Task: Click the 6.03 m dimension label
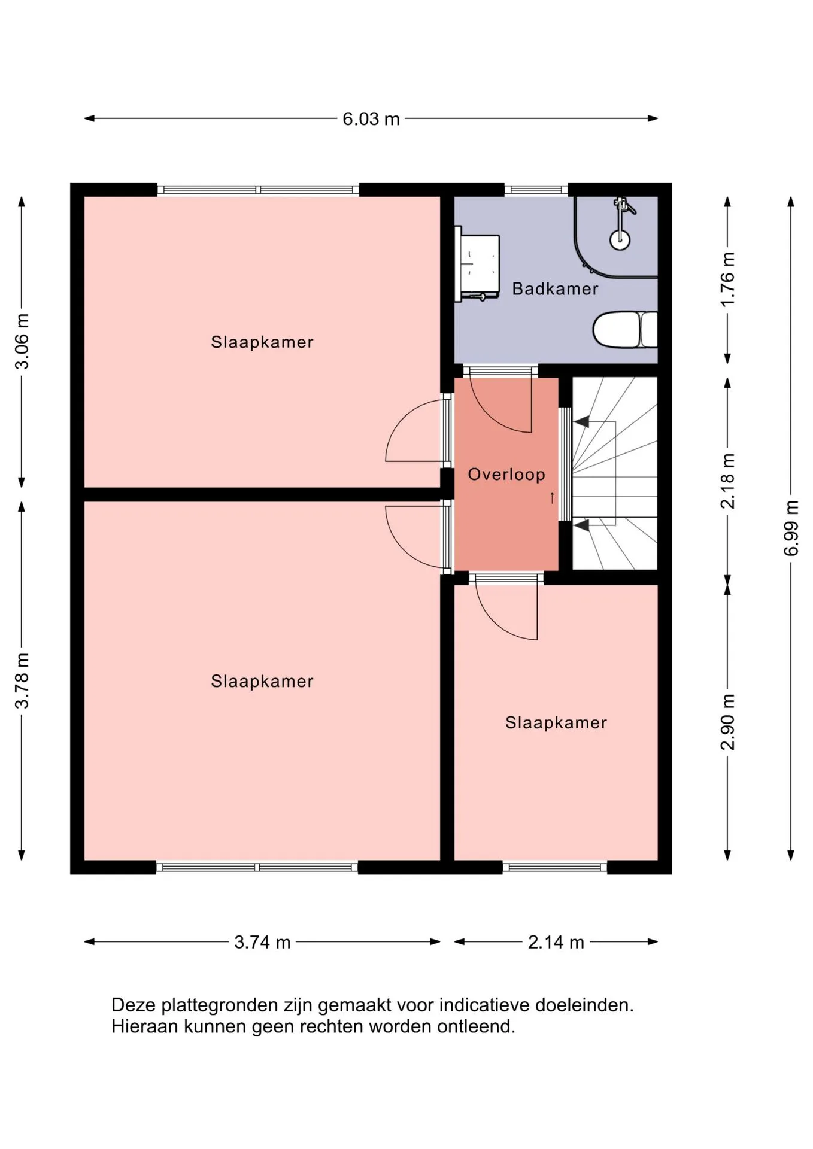point(371,119)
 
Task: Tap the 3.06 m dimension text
point(22,341)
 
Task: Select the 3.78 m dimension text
point(22,680)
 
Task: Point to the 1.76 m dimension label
point(727,279)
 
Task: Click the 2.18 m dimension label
point(727,481)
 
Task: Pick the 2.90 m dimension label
point(727,722)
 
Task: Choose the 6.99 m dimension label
point(791,528)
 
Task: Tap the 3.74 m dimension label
point(262,942)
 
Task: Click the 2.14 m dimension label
point(556,942)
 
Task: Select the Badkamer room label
point(555,289)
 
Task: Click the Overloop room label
point(506,475)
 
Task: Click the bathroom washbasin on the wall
point(477,263)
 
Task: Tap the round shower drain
point(620,240)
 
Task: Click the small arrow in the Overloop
point(552,497)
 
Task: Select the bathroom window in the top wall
point(536,190)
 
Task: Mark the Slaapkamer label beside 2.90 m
point(556,722)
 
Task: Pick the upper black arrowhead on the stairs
point(581,422)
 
